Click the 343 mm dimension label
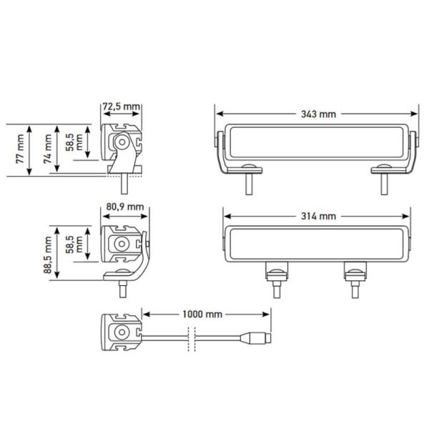[318, 113]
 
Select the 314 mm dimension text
[318, 216]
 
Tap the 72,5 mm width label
[121, 107]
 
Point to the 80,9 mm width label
[124, 207]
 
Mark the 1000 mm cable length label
[204, 314]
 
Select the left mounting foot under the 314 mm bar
[276, 275]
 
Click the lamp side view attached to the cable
[123, 332]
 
